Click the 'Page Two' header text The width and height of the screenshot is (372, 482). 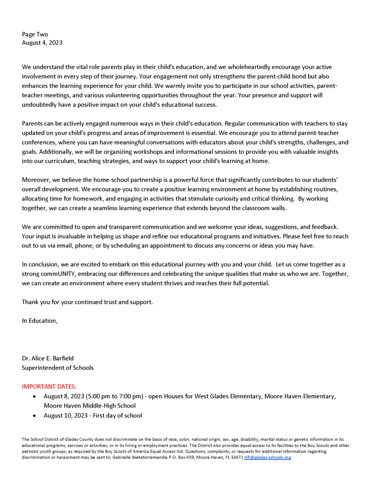click(x=35, y=34)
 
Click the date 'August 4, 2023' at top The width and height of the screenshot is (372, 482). click(x=42, y=43)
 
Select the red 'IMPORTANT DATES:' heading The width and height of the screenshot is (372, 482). click(x=49, y=386)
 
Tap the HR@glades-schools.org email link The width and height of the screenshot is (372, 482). click(x=268, y=458)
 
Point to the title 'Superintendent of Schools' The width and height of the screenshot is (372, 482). click(x=57, y=368)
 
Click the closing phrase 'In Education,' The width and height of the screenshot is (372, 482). click(x=40, y=321)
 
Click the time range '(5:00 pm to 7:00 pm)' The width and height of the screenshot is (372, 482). click(x=114, y=396)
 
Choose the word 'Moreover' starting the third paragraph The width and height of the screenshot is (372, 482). click(x=36, y=180)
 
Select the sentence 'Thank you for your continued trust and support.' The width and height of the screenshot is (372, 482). click(x=87, y=302)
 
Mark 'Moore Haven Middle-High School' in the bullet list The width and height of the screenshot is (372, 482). click(x=90, y=406)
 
